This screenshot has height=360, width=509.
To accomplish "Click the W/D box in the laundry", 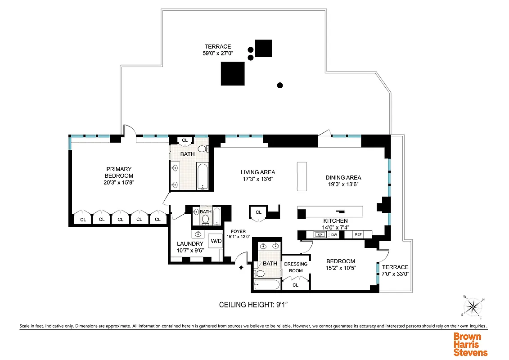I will (216, 241).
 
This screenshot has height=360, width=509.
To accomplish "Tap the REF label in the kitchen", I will (358, 234).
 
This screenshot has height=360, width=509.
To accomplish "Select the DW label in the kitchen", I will (334, 234).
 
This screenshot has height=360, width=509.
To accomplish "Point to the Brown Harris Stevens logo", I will (470, 344).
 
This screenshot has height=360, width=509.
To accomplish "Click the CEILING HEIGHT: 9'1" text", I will (253, 305).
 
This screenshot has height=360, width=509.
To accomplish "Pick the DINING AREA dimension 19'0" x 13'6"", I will (343, 184).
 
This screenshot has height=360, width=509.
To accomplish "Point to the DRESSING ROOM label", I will (296, 267).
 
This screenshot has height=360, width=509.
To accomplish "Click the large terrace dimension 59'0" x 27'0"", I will (218, 53).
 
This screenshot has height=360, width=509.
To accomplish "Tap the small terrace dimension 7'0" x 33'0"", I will (395, 274).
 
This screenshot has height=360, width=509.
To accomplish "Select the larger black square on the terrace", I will (233, 74).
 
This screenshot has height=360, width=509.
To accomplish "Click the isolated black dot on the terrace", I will (280, 85).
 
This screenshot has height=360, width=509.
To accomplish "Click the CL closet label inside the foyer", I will (258, 212).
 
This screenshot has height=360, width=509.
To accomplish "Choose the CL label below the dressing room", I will (296, 285).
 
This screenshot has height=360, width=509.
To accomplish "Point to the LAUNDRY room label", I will (190, 244).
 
